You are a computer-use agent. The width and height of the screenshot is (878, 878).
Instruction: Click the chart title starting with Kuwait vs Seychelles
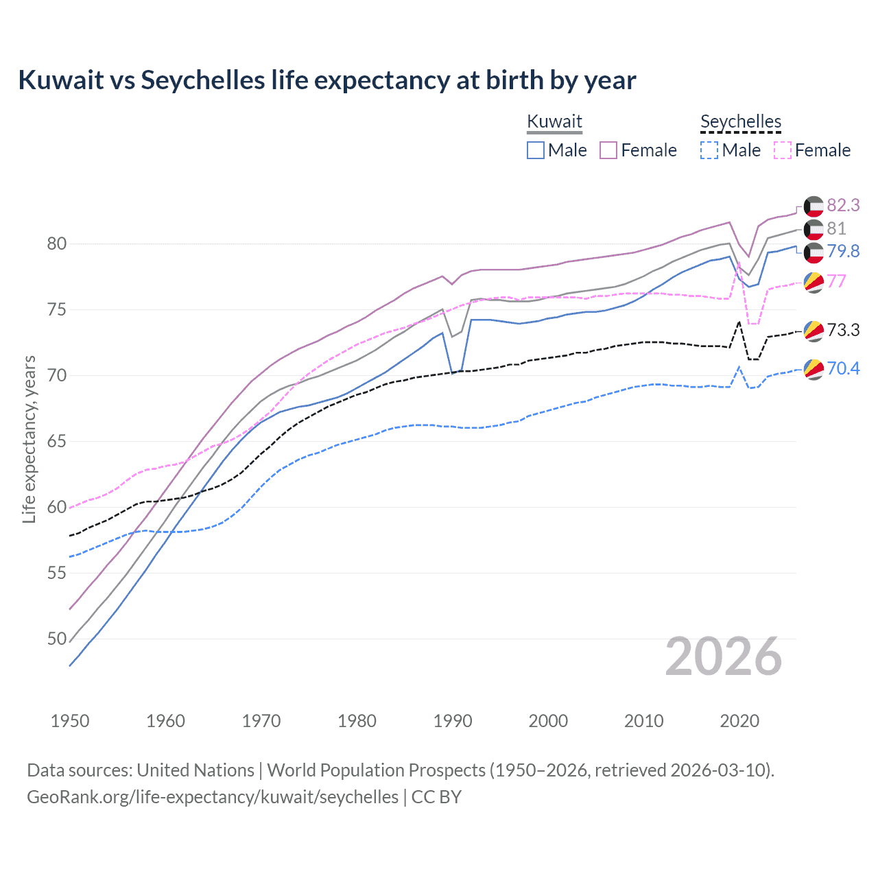327,80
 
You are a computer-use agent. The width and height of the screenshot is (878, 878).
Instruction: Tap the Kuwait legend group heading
554,122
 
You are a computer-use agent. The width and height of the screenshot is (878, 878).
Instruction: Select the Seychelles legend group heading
741,122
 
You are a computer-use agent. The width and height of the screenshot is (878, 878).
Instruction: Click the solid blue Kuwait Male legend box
536,150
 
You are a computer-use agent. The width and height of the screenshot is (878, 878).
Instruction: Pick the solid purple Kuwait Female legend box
608,150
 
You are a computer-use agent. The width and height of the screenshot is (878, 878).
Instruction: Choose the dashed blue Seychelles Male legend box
709,150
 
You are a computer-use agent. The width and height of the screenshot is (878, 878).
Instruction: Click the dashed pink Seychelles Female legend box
783,150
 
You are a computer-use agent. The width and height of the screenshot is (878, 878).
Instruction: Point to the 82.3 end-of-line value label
843,205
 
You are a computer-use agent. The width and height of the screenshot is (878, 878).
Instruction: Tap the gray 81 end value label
836,228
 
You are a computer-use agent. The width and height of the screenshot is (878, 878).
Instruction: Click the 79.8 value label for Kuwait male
843,252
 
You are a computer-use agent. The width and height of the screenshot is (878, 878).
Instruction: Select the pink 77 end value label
836,281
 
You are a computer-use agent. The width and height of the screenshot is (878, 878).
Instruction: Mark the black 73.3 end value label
843,330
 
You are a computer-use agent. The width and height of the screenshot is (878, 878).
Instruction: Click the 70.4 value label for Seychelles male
843,369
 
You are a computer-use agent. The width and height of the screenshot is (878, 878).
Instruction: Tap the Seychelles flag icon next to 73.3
814,331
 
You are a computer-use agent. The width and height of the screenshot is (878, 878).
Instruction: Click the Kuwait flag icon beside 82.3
814,206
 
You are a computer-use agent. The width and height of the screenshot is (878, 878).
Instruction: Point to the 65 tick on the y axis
57,441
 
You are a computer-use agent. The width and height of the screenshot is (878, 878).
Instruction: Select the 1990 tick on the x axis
453,721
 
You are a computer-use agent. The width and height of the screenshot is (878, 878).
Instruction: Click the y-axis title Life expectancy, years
29,439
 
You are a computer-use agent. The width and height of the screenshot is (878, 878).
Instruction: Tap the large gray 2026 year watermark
723,657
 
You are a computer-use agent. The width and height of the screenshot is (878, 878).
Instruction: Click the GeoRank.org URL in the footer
213,797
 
